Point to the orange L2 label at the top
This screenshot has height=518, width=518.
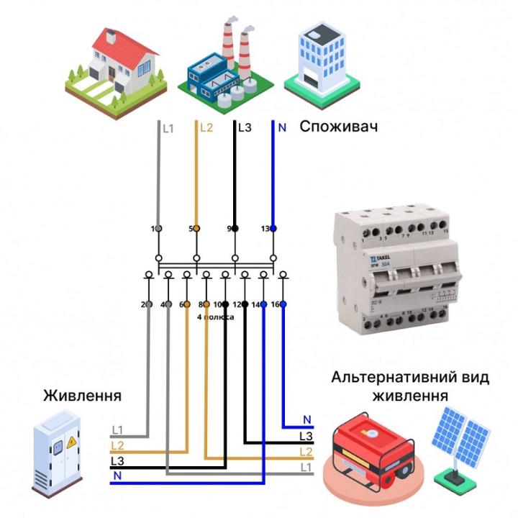(x=206, y=128)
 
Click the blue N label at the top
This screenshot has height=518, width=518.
(x=282, y=128)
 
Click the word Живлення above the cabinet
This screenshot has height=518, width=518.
(x=82, y=396)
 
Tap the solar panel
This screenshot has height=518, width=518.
(x=460, y=439)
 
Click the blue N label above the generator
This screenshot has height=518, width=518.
(x=307, y=419)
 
